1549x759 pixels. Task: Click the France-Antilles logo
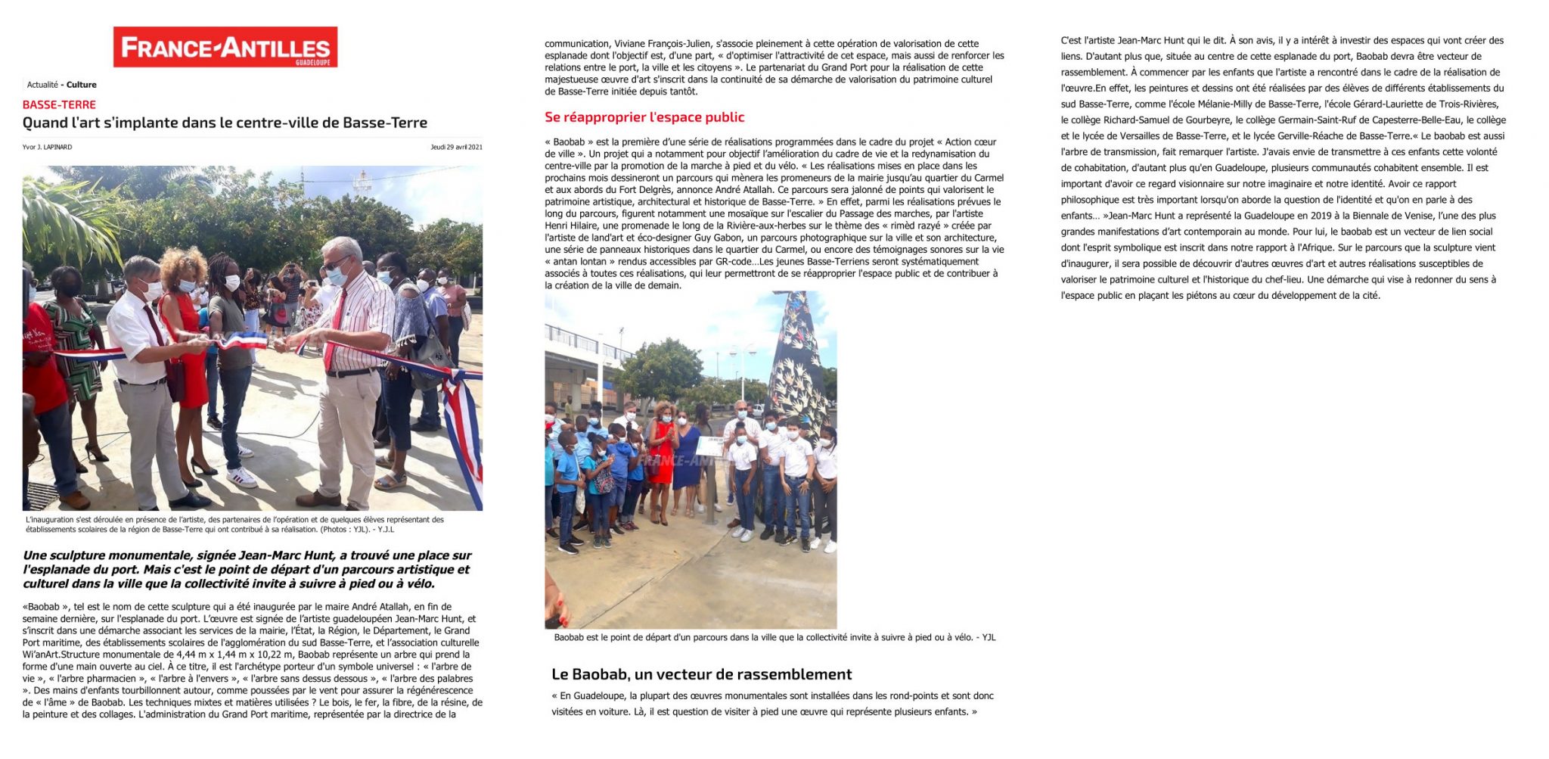point(225,47)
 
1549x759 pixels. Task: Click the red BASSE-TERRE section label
point(59,104)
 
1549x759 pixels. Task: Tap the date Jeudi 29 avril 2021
point(456,147)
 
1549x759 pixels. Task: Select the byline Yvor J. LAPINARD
point(47,147)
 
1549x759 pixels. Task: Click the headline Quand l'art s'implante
point(225,123)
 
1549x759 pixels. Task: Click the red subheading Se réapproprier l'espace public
point(644,117)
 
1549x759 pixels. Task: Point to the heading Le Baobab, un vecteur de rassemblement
point(701,674)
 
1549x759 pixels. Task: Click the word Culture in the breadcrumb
point(81,85)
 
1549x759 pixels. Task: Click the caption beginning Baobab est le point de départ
point(774,637)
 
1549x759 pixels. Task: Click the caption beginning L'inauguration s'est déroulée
point(234,524)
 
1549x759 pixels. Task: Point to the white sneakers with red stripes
point(242,477)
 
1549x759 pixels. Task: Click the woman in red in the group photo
point(661,450)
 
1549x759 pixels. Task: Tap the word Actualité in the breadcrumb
point(42,85)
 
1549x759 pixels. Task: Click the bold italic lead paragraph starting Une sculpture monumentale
point(247,569)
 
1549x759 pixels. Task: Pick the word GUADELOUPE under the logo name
point(312,63)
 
